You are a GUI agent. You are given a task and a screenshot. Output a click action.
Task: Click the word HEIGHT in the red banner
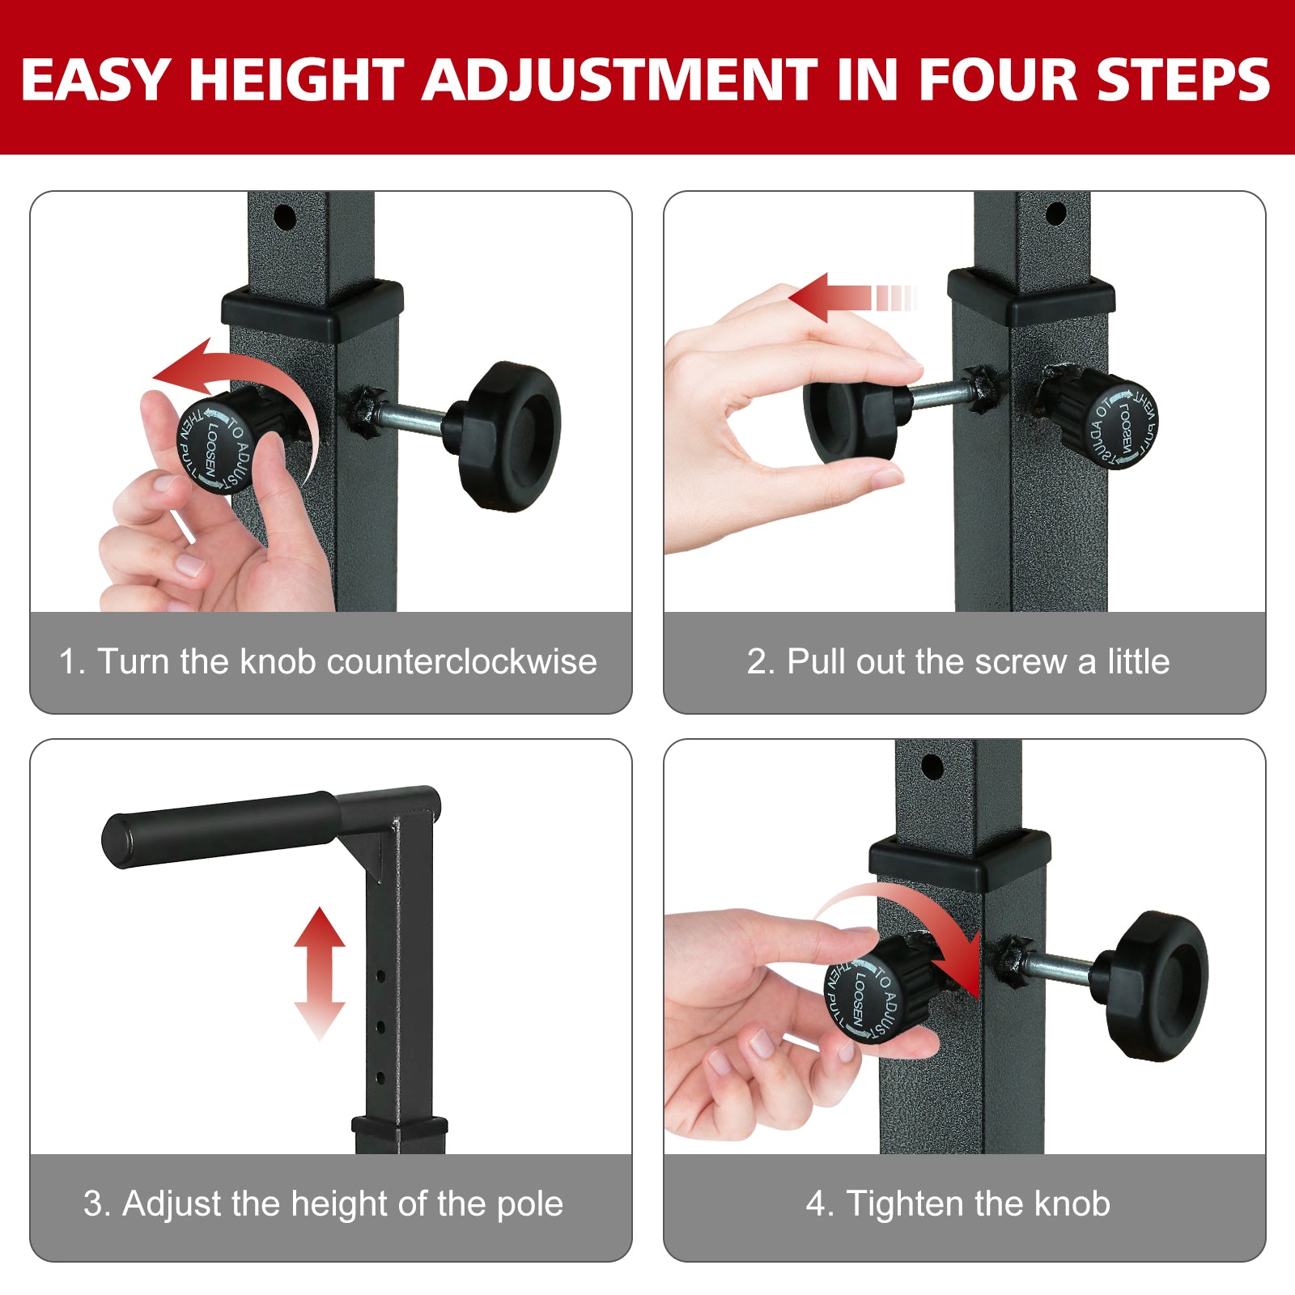click(x=295, y=79)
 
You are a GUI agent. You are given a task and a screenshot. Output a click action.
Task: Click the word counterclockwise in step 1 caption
click(x=461, y=662)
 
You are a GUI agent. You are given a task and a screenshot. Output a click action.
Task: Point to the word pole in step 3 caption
click(x=529, y=1204)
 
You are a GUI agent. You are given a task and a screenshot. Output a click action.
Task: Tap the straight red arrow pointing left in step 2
click(x=842, y=298)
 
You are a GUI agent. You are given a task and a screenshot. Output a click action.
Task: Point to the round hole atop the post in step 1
click(x=285, y=217)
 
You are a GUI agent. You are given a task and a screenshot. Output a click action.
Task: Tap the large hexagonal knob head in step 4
click(x=1159, y=986)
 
